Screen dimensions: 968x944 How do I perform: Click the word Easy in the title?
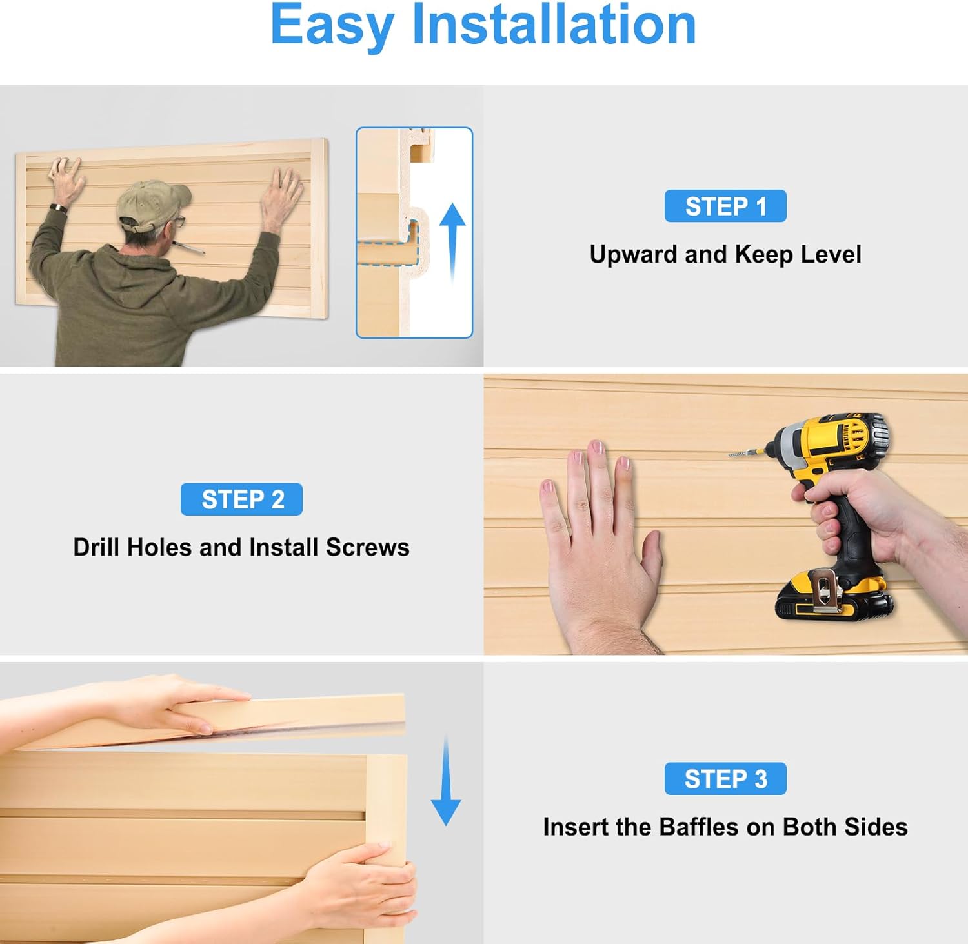[332, 26]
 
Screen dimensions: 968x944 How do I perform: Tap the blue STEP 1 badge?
[725, 206]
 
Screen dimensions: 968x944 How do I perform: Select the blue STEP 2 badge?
[241, 499]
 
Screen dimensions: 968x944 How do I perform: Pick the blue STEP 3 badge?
[725, 779]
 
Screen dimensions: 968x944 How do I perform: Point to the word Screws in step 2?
[367, 547]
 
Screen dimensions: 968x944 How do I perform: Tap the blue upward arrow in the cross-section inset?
[452, 242]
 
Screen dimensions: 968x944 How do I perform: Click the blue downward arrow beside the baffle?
[445, 781]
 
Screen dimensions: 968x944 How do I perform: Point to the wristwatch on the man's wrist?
[59, 208]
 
